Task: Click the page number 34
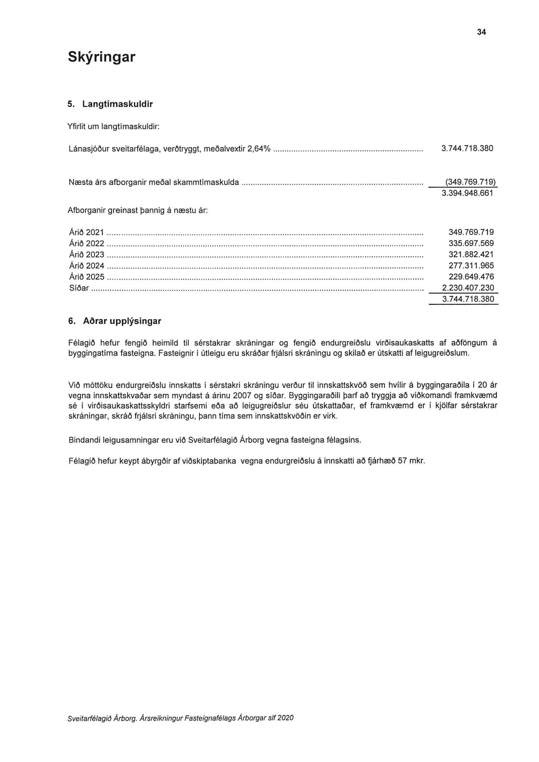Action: coord(481,32)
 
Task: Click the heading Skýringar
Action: coord(101,57)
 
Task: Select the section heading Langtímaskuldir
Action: coord(118,104)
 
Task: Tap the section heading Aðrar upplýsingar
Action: coord(122,321)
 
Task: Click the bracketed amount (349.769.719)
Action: coord(468,182)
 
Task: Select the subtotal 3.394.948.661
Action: coord(467,193)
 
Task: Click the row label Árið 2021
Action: coord(86,232)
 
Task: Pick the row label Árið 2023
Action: coord(86,255)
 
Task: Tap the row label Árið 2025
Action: coord(86,277)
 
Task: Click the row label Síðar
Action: coord(78,288)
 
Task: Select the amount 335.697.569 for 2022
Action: coord(471,243)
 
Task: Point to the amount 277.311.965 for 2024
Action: coord(471,266)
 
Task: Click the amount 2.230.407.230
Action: coord(468,288)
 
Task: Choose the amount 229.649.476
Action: coord(471,277)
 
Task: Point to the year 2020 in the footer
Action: coord(285,718)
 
